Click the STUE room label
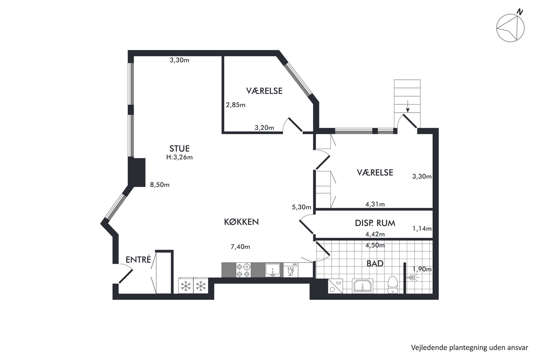(x=179, y=148)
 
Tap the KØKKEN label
(x=241, y=222)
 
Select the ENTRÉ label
(x=138, y=260)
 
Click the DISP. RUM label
(x=375, y=223)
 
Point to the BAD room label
(x=375, y=263)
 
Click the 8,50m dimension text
(x=160, y=185)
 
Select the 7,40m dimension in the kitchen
(x=240, y=247)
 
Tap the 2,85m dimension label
(x=236, y=105)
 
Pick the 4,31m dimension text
(x=375, y=204)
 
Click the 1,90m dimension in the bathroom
(x=422, y=269)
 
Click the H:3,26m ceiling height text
(x=180, y=157)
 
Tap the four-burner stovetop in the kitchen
(x=243, y=270)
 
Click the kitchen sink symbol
(x=273, y=270)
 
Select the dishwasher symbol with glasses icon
(x=291, y=270)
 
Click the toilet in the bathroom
(x=392, y=284)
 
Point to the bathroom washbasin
(x=363, y=286)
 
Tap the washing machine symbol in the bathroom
(x=335, y=286)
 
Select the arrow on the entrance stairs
(x=407, y=106)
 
